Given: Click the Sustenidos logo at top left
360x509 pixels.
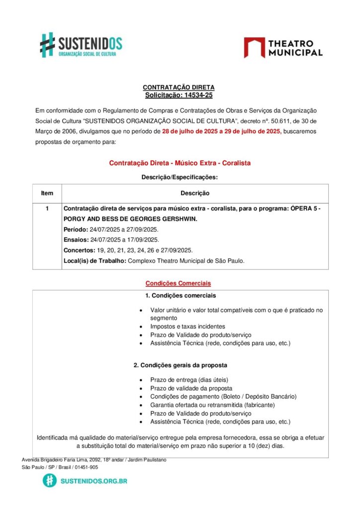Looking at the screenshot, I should [x=81, y=44].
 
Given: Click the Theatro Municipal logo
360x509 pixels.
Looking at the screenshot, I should [x=283, y=48].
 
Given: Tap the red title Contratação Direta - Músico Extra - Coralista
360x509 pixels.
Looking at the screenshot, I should [x=180, y=163].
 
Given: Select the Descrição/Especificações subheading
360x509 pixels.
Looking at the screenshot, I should [x=180, y=177].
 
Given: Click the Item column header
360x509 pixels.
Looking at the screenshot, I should [x=47, y=193].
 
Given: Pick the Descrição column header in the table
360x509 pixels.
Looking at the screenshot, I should [x=195, y=193].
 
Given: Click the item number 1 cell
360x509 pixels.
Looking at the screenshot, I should [x=47, y=209].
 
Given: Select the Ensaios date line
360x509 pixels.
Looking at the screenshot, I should [x=111, y=240].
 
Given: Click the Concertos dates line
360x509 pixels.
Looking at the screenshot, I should [x=128, y=250].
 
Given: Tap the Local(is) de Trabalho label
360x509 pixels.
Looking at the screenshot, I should [x=94, y=261].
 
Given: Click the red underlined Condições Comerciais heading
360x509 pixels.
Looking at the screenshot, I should [x=178, y=283].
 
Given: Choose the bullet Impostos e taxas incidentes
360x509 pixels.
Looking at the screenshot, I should [x=187, y=327].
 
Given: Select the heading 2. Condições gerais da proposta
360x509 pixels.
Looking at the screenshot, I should [x=180, y=365].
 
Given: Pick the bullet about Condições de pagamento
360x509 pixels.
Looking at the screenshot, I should [x=223, y=397].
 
